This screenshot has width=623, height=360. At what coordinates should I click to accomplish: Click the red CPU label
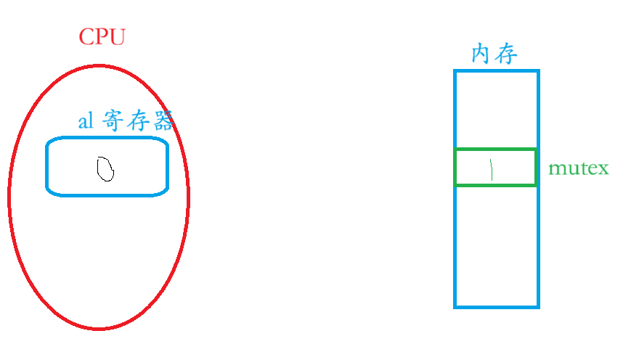coord(102,37)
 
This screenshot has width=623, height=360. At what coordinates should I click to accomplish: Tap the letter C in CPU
coord(86,37)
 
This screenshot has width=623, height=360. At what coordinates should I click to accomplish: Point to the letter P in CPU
coord(102,37)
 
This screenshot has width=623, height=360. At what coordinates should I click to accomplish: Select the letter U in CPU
coord(117,37)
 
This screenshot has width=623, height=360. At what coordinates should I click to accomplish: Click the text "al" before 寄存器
coord(86,121)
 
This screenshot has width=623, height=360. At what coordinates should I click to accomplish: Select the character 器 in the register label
coord(163,121)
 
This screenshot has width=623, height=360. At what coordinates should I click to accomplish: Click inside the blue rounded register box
coord(107,166)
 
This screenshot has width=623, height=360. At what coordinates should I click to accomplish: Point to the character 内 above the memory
coord(483,54)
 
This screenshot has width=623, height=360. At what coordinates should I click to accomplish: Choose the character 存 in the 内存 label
coord(506,54)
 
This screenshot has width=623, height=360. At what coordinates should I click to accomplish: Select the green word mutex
coord(579,169)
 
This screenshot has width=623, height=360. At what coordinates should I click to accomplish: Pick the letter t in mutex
coord(582,169)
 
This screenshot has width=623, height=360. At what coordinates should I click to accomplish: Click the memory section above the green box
coord(497,109)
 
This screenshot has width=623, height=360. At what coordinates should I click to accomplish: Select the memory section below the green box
coord(497,247)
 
